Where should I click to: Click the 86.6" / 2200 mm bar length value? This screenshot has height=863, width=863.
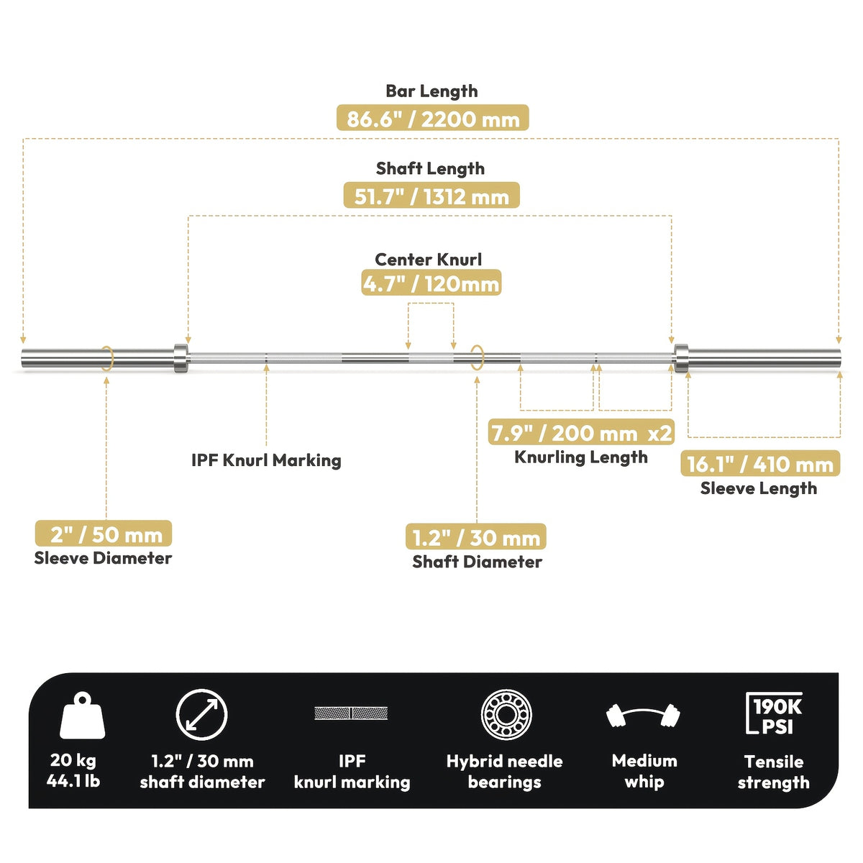point(433,118)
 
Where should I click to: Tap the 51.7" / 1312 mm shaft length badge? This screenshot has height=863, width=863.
point(431,196)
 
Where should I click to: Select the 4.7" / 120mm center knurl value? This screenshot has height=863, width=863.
point(431,283)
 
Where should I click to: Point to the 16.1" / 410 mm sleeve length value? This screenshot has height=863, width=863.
point(760,464)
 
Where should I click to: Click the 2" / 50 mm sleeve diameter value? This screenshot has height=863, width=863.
point(104,534)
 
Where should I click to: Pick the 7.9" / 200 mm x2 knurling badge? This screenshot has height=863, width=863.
point(581,432)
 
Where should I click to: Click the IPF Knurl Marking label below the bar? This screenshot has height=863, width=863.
point(266,460)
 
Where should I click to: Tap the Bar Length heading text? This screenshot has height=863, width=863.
point(431,91)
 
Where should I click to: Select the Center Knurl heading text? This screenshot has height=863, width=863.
point(428,260)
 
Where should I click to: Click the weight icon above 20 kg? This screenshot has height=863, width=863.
point(83,716)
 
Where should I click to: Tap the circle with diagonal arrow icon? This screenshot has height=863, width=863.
point(201,715)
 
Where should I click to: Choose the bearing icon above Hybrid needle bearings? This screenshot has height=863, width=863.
point(506,714)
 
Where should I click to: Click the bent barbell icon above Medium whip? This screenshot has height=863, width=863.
point(644,716)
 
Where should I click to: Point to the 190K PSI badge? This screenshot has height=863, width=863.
point(775,713)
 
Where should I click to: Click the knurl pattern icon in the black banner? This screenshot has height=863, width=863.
point(351,713)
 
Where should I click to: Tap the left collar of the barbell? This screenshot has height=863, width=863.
point(181,358)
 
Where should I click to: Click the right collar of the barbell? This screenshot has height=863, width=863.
point(681,358)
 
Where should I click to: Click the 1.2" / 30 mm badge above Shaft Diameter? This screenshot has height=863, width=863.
point(475,536)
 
